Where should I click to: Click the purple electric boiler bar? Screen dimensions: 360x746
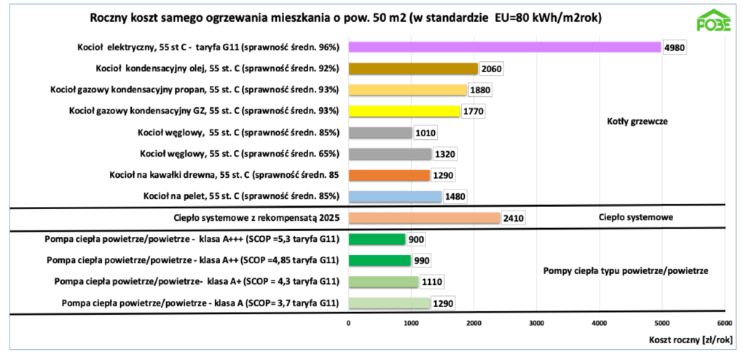point(504,47)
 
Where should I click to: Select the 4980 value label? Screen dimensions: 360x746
point(675,48)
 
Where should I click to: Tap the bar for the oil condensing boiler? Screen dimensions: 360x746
point(413,69)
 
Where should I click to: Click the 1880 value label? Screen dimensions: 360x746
point(480,90)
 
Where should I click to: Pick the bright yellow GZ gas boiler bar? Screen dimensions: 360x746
point(404,111)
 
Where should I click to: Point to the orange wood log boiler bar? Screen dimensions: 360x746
point(389,175)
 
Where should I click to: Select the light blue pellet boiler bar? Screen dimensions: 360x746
point(395,196)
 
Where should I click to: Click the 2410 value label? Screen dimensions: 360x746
point(513,218)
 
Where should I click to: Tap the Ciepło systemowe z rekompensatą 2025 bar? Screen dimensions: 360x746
point(424,218)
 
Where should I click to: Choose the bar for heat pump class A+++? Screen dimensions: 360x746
point(377,239)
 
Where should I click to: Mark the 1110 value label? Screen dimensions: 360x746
point(432,282)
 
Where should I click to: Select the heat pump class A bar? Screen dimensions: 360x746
point(389,303)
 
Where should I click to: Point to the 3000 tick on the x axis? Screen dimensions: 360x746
point(536,322)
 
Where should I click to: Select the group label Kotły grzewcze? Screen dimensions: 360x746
point(637,122)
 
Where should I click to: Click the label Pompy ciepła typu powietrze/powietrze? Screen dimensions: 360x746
point(626,271)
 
